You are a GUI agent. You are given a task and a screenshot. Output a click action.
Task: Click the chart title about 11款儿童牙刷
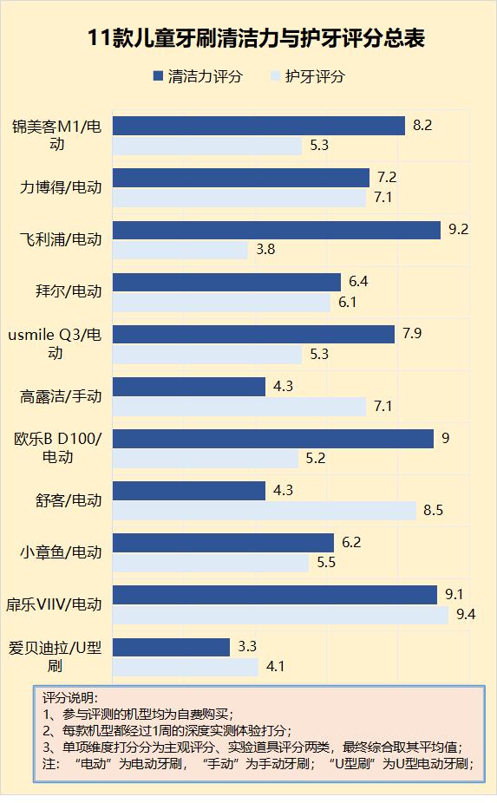coord(248,39)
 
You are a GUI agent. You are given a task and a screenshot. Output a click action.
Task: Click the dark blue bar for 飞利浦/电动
coord(277,230)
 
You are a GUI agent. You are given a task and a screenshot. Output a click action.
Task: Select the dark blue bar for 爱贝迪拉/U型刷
coord(171,647)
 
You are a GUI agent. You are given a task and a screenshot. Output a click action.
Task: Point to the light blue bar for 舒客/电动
coord(265,510)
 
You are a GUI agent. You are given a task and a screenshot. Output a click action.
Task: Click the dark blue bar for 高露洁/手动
coord(189,386)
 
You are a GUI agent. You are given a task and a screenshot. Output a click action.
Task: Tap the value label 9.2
coord(459,230)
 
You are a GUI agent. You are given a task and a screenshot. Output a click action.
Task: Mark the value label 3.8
coord(265,251)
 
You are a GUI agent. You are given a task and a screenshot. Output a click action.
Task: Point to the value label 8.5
coord(433,510)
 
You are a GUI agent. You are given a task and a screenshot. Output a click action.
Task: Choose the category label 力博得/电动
coord(61,187)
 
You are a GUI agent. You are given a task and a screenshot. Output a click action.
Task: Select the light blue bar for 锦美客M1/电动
coord(207,146)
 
